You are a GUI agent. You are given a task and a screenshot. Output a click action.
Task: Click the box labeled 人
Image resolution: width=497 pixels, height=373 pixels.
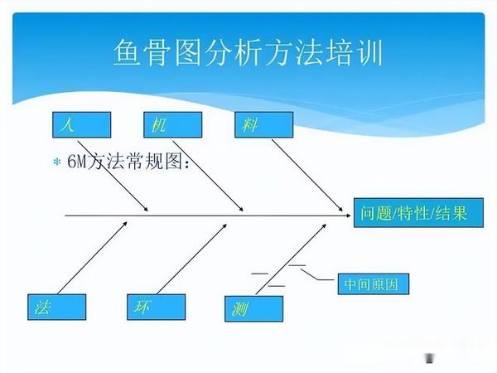[x=80, y=124]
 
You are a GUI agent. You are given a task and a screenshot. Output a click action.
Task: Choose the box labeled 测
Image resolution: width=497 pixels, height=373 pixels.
[x=253, y=308]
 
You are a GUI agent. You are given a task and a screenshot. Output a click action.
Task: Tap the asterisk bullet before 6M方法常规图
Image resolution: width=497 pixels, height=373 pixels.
[x=57, y=161]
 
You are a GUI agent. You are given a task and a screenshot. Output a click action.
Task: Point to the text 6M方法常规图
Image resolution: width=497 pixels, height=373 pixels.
[x=128, y=161]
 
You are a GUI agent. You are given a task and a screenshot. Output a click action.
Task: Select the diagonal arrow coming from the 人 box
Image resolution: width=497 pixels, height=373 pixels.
[x=116, y=177]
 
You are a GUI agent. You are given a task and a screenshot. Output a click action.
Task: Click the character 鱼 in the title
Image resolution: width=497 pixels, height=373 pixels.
[x=128, y=53]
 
